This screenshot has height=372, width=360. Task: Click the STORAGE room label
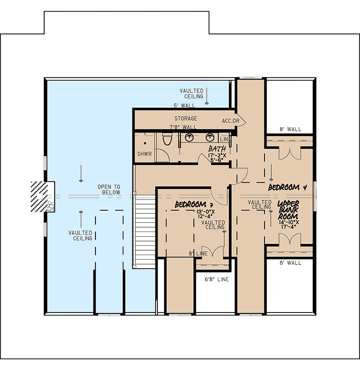(186, 118)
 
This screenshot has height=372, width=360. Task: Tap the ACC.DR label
(230, 120)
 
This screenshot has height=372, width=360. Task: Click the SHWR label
(144, 154)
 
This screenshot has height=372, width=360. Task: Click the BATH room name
(217, 150)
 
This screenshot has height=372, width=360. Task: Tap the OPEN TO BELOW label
(109, 189)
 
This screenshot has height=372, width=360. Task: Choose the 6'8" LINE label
(216, 279)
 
